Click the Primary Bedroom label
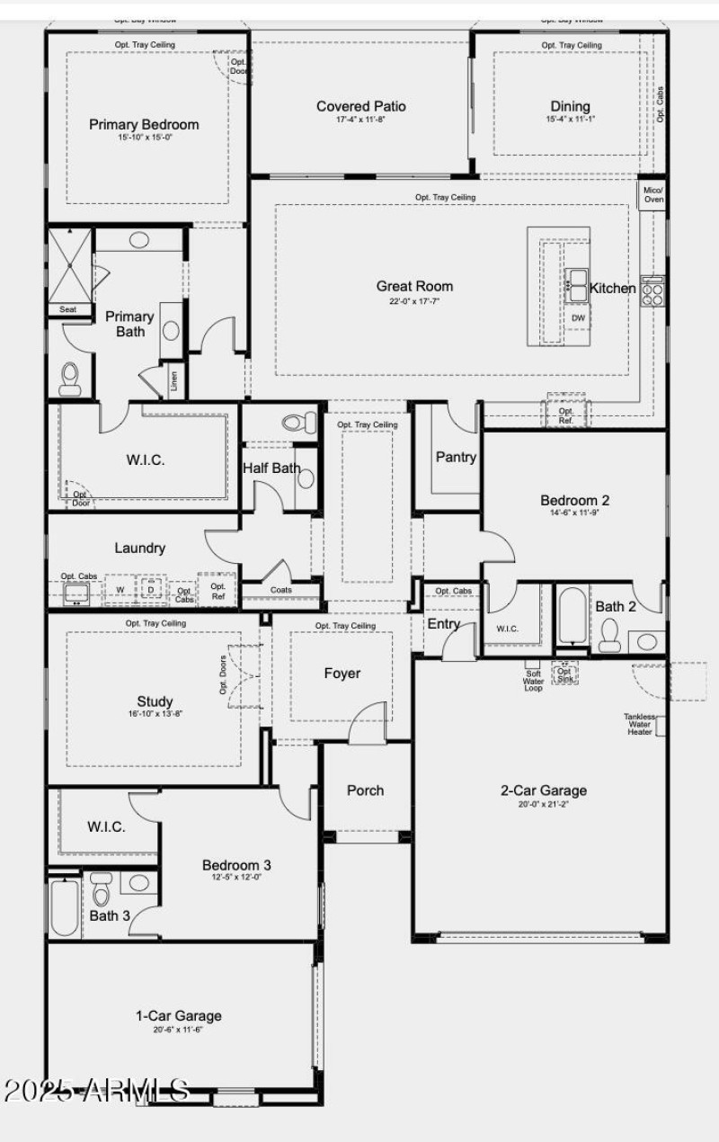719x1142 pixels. click(144, 125)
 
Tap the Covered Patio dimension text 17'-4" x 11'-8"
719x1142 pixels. click(360, 120)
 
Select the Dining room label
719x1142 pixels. click(571, 106)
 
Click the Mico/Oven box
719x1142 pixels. click(653, 194)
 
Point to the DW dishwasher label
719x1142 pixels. click(578, 318)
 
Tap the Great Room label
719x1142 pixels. click(414, 287)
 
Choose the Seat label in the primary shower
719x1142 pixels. click(68, 309)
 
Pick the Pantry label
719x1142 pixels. click(456, 457)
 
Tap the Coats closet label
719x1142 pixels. click(280, 590)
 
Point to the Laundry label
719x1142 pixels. click(140, 548)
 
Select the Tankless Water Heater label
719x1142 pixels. click(640, 724)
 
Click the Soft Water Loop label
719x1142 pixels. click(533, 681)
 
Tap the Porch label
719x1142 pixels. click(365, 790)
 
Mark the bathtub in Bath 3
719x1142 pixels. click(64, 908)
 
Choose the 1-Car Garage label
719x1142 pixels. click(178, 1016)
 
